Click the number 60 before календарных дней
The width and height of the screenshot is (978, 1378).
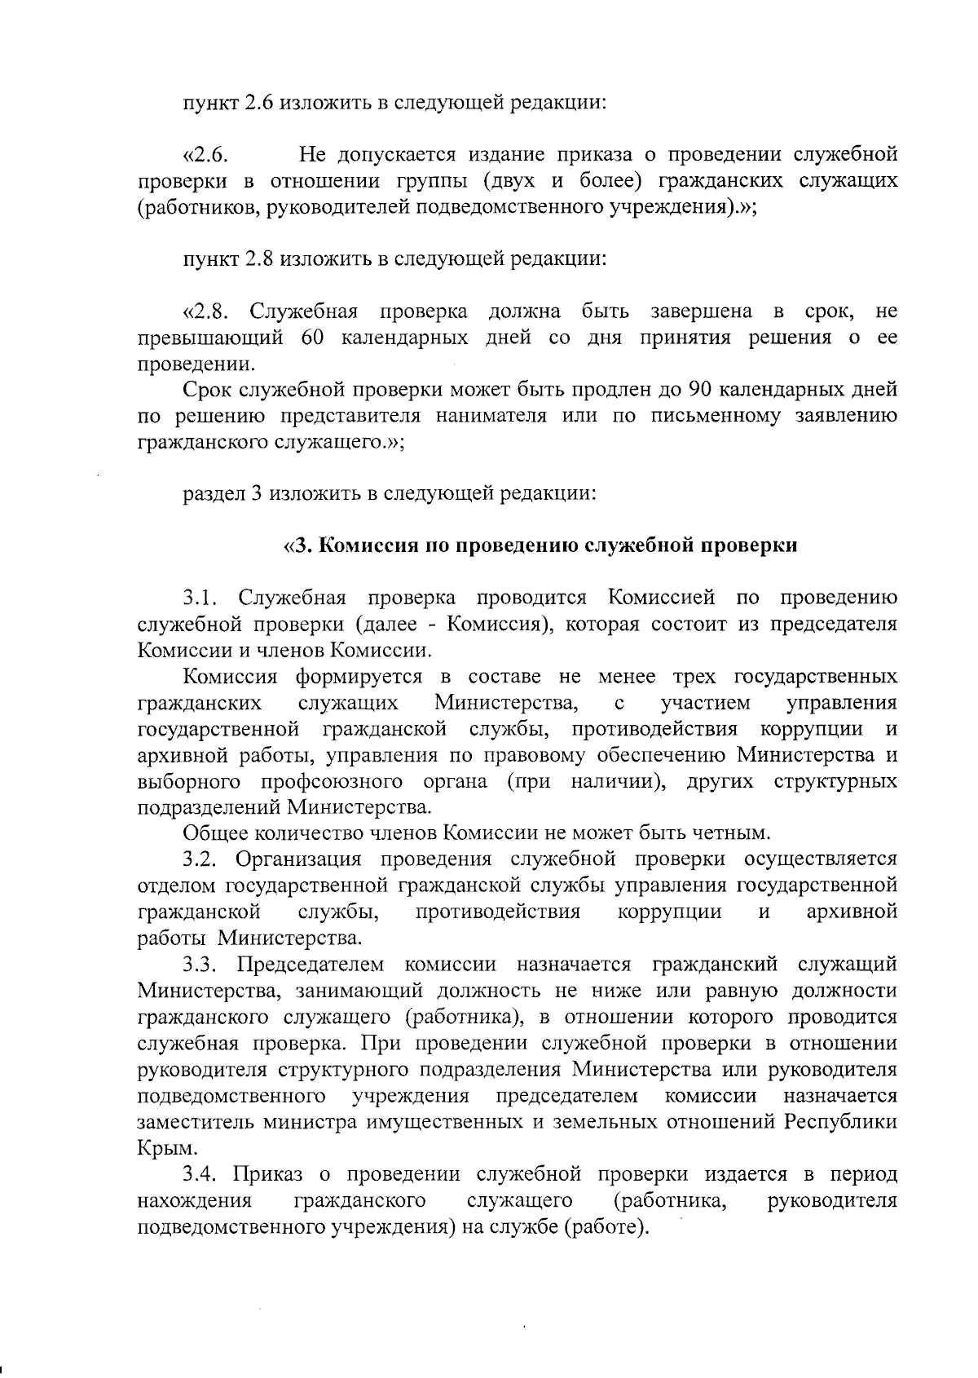(x=313, y=338)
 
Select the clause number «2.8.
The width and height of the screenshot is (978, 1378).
(x=209, y=311)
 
